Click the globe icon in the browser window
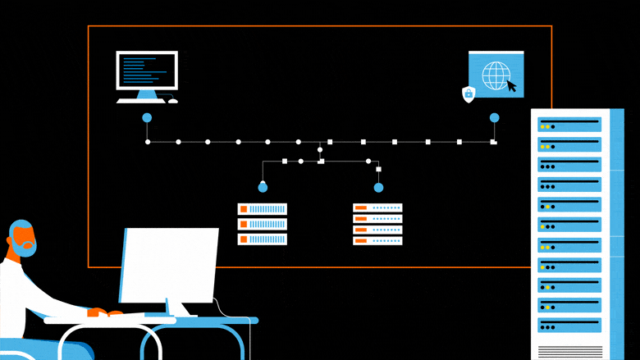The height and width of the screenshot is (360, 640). pos(495,76)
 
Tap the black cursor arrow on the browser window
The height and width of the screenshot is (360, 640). pos(511,85)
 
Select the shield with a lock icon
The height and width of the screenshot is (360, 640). pos(469,94)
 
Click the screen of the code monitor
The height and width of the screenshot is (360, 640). pos(147,71)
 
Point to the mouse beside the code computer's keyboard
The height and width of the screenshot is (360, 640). pos(172,101)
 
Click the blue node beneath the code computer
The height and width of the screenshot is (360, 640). pos(147,118)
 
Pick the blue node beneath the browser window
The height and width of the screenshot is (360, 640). pos(494,118)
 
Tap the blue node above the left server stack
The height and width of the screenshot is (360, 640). pos(263,188)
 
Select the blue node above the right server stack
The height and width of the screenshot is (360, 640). pos(378,188)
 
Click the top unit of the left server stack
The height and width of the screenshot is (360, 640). pos(263,209)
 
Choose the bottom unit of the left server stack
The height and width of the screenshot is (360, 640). pos(263,239)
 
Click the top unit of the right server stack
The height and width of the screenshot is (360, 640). pos(377,207)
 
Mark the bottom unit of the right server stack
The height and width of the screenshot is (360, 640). pos(377,240)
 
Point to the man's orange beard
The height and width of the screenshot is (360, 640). pos(25,243)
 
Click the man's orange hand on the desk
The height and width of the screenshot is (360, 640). pos(96,312)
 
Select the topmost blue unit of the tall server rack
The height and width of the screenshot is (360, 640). pos(569,125)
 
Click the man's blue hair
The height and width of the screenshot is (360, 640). pos(16,229)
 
